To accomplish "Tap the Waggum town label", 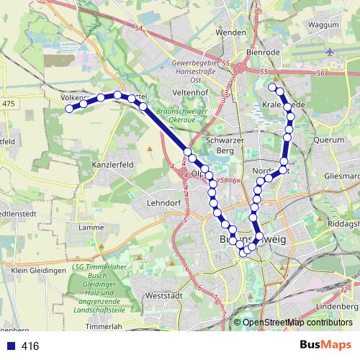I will coord(324,24).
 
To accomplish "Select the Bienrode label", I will coord(261,54).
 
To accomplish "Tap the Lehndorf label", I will coord(162,204).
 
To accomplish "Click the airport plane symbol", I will coord(330,53).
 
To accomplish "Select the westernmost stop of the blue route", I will coord(69,109).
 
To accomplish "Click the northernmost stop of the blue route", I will coord(273,87).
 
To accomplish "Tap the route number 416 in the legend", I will coord(30,346).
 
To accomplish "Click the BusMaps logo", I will coord(325,345).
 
